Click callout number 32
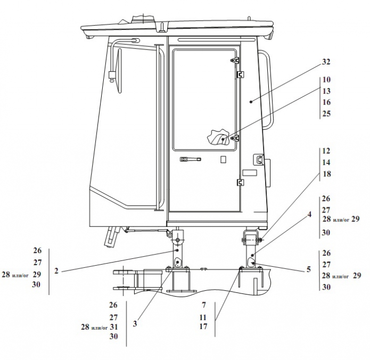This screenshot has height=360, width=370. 326,62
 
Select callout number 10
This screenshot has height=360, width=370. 326,79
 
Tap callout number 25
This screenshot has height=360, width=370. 326,113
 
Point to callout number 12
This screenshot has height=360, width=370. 326,151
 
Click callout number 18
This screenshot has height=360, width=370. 326,174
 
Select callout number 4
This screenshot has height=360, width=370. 309,214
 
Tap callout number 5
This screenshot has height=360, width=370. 309,269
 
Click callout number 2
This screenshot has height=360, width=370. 56,271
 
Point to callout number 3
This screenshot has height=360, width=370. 135,324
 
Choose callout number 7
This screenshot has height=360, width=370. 204,305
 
